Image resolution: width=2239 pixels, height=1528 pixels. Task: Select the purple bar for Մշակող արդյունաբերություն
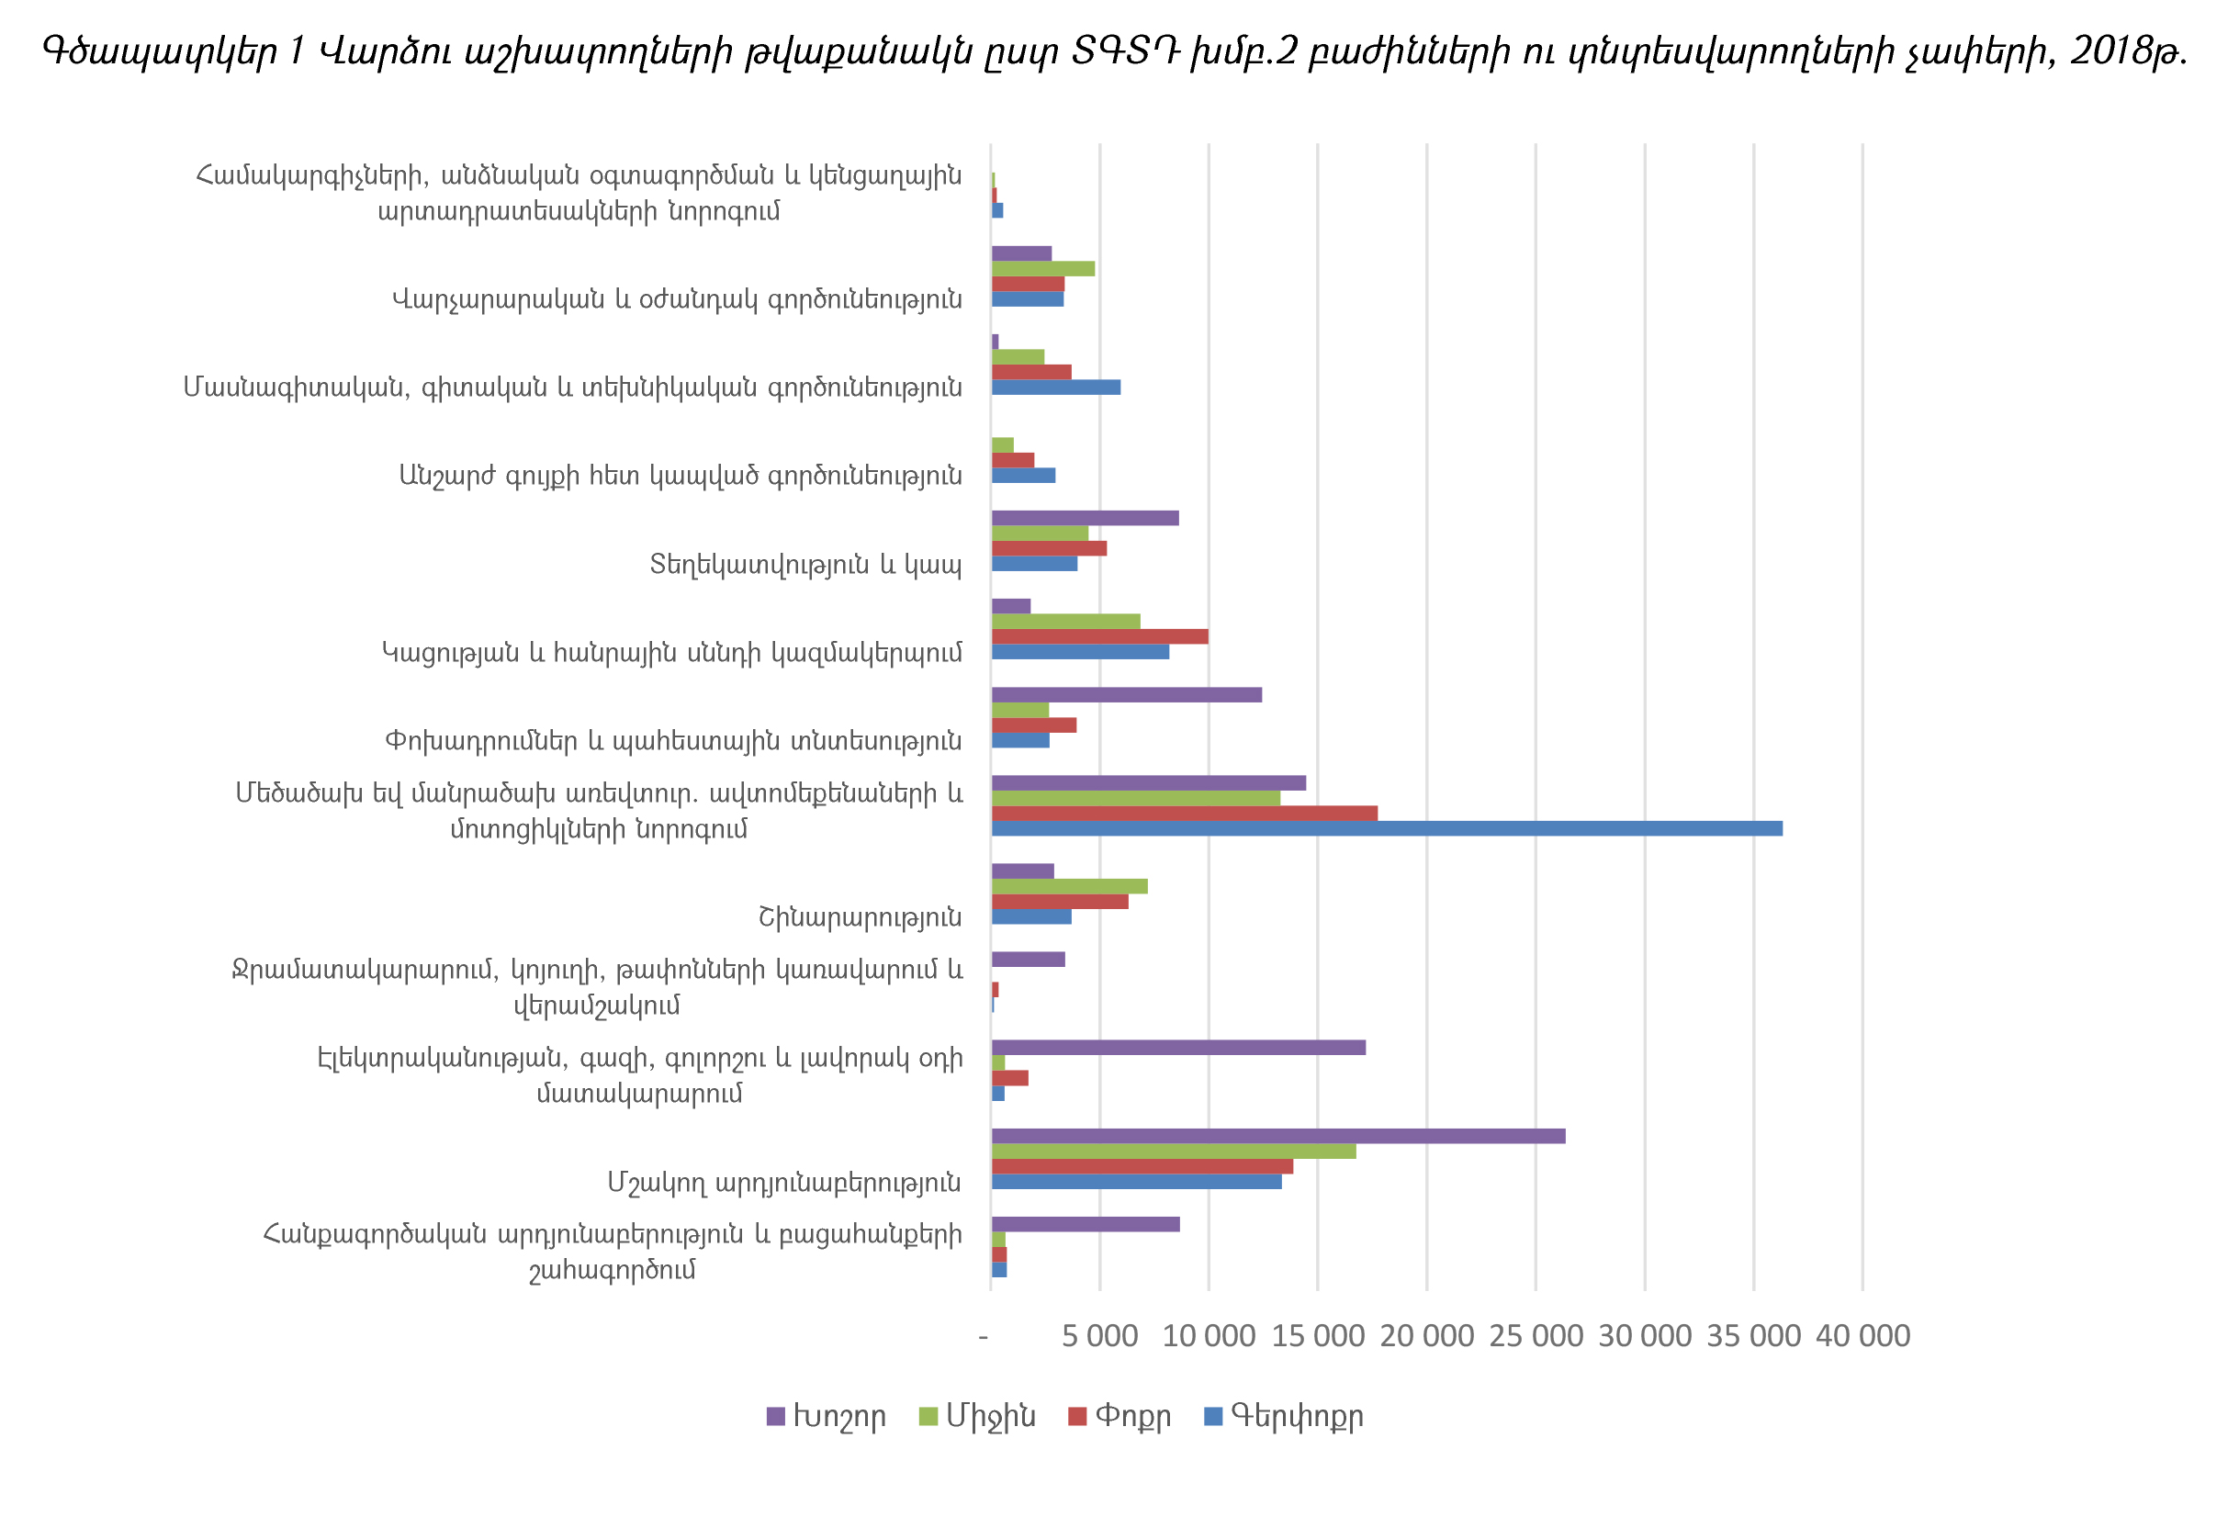(x=1277, y=1136)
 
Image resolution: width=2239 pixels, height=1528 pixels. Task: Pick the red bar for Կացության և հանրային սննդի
(x=1099, y=637)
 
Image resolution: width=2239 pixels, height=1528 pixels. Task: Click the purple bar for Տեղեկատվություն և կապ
(x=1085, y=518)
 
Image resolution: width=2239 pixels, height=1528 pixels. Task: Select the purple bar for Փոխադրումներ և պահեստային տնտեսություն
(x=1126, y=694)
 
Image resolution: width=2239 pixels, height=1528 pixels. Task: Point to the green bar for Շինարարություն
(x=1069, y=886)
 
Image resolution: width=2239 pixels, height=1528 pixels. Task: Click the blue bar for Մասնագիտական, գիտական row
(x=1056, y=388)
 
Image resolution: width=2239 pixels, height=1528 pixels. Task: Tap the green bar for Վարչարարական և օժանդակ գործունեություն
(x=1042, y=269)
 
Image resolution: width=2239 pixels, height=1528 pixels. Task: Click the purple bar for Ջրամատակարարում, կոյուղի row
(x=1028, y=960)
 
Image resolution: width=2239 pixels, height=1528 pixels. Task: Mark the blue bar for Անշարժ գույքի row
(x=1023, y=475)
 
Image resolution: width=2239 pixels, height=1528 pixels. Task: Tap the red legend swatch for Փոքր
(x=1077, y=1416)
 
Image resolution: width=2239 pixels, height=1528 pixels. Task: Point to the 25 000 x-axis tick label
(x=1536, y=1336)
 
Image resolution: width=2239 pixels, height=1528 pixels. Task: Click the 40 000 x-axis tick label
(x=1862, y=1336)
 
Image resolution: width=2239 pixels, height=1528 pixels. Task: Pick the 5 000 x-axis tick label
(x=1099, y=1336)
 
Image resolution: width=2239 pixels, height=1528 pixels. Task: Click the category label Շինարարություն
(x=860, y=917)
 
